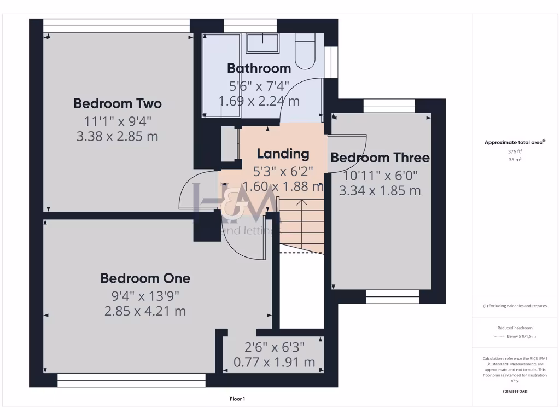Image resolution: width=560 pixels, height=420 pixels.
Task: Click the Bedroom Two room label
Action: (118, 103)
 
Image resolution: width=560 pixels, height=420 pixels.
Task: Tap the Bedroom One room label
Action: (145, 278)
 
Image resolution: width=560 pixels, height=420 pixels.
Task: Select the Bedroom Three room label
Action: (380, 158)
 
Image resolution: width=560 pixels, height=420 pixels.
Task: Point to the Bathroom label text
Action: (259, 68)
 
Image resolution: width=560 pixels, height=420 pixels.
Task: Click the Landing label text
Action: (283, 154)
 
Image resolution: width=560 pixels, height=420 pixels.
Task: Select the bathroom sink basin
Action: (262, 43)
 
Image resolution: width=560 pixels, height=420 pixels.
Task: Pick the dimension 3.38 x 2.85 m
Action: (118, 137)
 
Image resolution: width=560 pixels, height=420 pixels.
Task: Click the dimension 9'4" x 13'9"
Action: (145, 296)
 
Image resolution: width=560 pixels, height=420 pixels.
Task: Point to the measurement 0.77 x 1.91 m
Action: (274, 362)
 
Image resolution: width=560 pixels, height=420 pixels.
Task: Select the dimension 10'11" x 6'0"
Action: (380, 176)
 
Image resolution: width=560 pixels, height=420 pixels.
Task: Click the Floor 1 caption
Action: (237, 399)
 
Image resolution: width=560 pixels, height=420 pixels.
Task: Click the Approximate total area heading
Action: (515, 142)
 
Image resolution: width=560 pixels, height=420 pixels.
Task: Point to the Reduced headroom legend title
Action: (515, 328)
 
